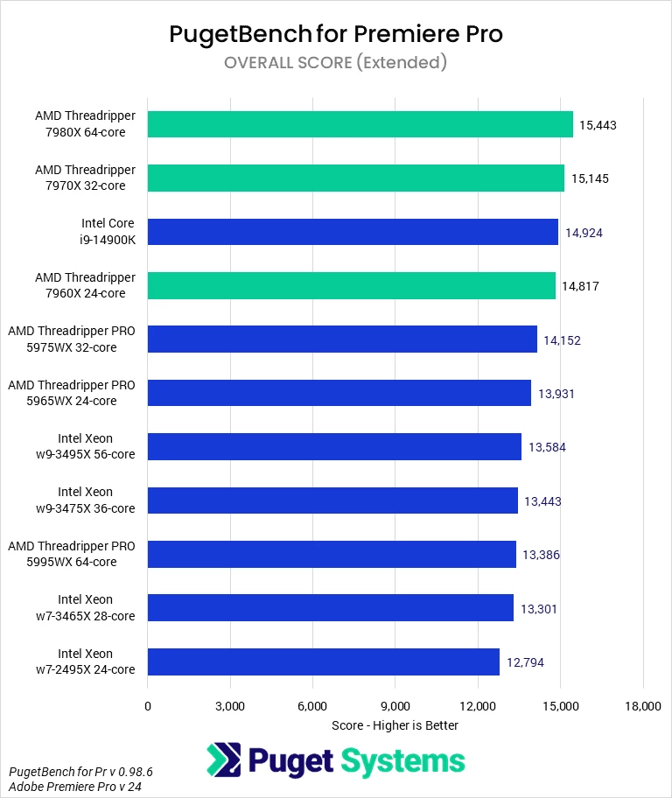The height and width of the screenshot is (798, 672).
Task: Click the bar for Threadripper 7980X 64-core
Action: [360, 124]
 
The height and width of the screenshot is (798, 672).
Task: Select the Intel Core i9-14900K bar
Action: [353, 232]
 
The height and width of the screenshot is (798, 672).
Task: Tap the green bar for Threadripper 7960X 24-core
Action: [351, 285]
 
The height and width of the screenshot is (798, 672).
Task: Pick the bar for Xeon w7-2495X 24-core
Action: [323, 661]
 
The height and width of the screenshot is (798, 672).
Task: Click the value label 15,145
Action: [590, 178]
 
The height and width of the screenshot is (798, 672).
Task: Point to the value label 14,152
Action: [562, 339]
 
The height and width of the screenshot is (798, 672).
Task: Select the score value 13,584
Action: [547, 447]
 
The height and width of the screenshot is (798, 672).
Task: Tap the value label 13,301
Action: [540, 608]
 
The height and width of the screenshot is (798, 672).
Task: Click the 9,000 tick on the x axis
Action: [395, 706]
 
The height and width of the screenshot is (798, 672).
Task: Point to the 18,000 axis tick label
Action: [643, 706]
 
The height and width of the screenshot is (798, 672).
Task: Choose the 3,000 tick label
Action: [230, 706]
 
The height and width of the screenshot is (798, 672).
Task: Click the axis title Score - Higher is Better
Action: [395, 725]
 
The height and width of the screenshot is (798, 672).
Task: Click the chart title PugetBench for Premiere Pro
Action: [336, 34]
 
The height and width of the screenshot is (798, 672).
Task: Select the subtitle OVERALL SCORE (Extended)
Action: [336, 62]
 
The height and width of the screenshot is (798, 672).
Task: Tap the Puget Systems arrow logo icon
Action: [223, 760]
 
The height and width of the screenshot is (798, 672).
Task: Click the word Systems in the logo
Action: [402, 760]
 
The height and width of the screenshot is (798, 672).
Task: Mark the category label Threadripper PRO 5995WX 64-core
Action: [72, 554]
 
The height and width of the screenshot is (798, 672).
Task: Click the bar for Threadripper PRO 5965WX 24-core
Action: [339, 393]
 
